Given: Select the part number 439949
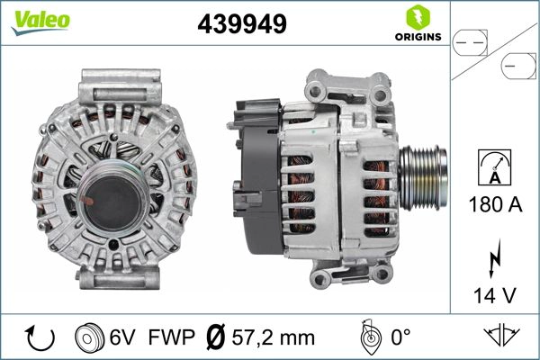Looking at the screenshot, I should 241,25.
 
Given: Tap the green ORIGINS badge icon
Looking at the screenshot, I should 416,17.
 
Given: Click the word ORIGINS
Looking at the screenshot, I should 416,37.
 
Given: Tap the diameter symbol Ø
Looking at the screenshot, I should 216,337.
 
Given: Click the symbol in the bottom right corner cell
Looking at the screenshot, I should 500,337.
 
